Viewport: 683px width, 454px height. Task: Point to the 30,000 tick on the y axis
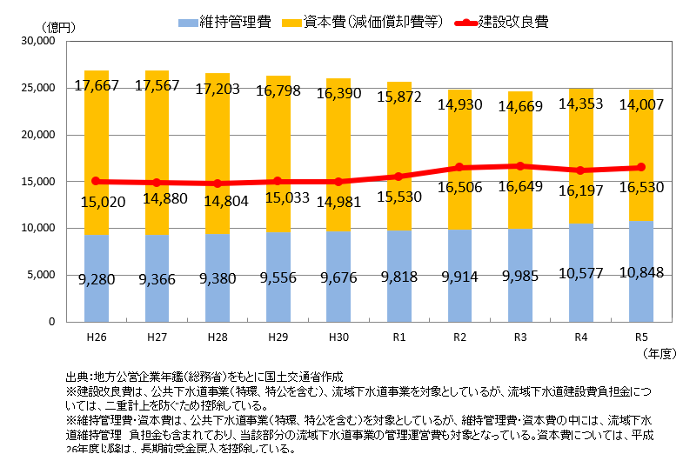pos(38,42)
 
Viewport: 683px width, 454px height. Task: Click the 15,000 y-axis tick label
pos(38,182)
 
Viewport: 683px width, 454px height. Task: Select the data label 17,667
pos(97,85)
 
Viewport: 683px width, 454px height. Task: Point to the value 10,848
pos(640,272)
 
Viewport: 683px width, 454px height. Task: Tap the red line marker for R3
pos(519,165)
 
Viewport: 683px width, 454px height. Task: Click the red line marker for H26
pos(97,181)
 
